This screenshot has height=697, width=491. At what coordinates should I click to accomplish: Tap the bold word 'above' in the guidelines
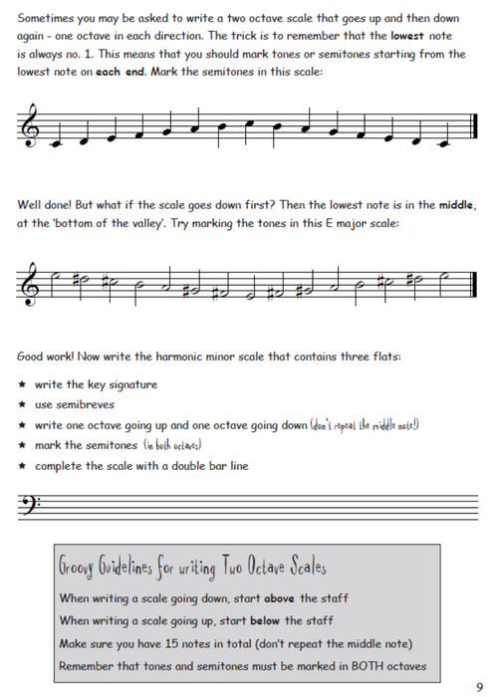[x=274, y=598]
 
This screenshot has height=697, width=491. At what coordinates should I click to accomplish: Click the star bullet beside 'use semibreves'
[x=22, y=405]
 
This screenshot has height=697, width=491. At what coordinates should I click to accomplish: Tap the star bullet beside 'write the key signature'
[x=22, y=385]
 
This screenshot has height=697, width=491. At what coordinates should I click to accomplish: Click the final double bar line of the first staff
[x=469, y=128]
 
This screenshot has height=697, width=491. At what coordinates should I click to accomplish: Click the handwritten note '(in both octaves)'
[x=172, y=445]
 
